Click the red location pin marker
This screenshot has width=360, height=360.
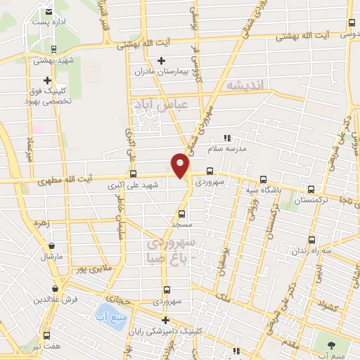pyautogui.click(x=181, y=165)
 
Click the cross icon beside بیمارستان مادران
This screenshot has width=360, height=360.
pyautogui.click(x=162, y=60)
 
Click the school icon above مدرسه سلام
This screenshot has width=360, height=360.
pyautogui.click(x=227, y=139)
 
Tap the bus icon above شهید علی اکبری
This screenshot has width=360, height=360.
pyautogui.click(x=133, y=174)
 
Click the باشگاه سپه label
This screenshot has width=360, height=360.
pyautogui.click(x=264, y=191)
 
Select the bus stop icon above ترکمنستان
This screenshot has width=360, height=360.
pyautogui.click(x=311, y=189)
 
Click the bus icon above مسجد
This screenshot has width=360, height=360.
pyautogui.click(x=182, y=213)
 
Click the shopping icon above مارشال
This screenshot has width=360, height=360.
pyautogui.click(x=52, y=246)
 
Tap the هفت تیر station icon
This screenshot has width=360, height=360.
pyautogui.click(x=47, y=335)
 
